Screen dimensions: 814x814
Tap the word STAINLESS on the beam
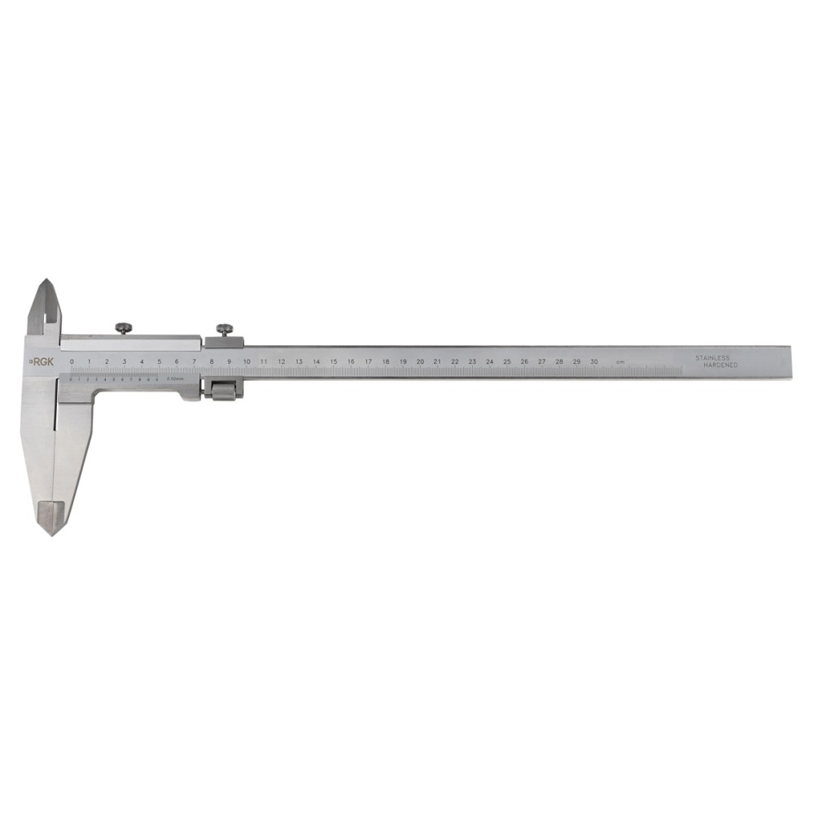[x=713, y=357]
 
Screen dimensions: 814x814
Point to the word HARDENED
[x=720, y=366]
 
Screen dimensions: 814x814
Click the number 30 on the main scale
[x=594, y=361]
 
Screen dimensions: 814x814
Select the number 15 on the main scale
[x=333, y=361]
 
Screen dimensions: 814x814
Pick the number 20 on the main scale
[x=420, y=361]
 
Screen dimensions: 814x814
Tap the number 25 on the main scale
[x=507, y=361]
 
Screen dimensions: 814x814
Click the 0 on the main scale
[x=72, y=361]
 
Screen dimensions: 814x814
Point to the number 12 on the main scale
[x=281, y=361]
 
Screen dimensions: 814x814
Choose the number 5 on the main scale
[x=159, y=361]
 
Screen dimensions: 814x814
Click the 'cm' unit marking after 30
[x=620, y=361]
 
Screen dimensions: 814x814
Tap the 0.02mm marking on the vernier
[x=176, y=379]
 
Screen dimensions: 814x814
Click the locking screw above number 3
[x=125, y=328]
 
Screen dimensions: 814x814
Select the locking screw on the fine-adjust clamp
[x=224, y=328]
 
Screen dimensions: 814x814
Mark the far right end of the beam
[x=789, y=362]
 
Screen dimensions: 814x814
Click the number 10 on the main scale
[x=246, y=361]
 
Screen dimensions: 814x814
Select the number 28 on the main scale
[x=559, y=361]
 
